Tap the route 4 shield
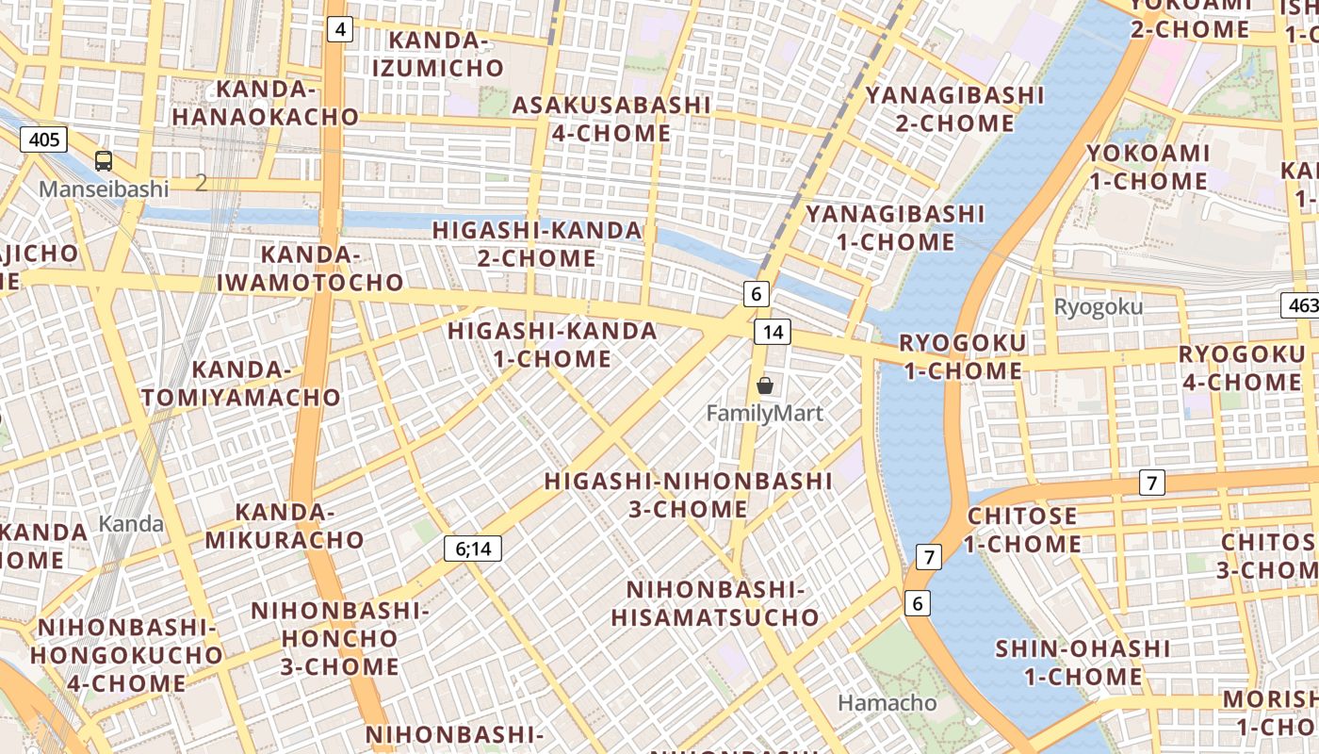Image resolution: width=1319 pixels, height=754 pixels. point(340,30)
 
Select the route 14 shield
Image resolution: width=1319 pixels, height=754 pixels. point(773,332)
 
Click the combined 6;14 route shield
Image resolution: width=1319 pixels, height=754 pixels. point(473,549)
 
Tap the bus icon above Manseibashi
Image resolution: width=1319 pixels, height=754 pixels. point(104,161)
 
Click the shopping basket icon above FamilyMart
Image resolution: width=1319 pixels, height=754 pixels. point(765,385)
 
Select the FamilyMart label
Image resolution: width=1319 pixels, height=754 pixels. point(765,413)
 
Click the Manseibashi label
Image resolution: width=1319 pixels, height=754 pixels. point(104,188)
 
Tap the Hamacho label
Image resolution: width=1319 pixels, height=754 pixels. point(887,703)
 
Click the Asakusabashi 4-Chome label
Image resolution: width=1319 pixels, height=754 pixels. point(611,119)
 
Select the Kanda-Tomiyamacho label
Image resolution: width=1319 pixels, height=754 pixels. point(240,384)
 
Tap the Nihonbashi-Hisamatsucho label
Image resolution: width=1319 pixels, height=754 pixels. point(715,603)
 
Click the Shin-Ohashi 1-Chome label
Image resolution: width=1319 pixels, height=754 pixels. point(1083,663)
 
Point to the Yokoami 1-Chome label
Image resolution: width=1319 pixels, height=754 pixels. point(1148,167)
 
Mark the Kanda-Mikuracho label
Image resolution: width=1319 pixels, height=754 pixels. point(285,526)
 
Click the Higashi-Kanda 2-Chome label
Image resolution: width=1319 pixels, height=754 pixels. point(537,243)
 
